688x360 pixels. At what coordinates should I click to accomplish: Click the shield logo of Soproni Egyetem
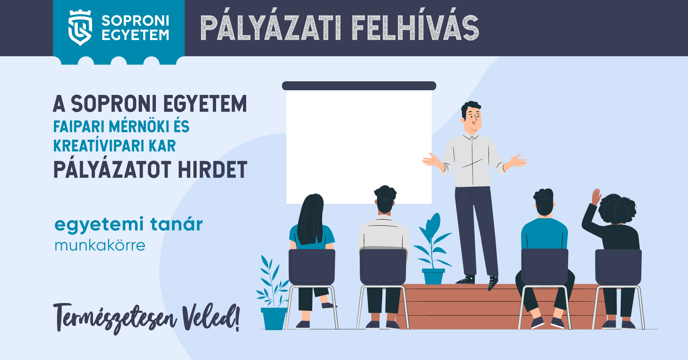pos(80,28)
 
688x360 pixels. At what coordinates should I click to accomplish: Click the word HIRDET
pos(212,170)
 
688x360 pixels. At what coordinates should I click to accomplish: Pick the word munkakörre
pos(100,246)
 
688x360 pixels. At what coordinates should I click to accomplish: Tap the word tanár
pos(176,224)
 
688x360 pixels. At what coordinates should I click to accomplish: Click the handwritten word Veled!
pos(211,318)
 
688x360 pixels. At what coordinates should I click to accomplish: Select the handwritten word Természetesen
pos(115,318)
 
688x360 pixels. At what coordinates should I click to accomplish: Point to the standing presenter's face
pos(473,117)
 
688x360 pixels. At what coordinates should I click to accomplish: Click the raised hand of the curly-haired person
pos(596,197)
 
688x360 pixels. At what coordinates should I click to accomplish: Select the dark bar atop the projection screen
pos(359,86)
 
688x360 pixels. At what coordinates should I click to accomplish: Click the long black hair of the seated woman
pos(310,219)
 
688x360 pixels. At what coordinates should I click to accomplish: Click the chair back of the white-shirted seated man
pos(383,267)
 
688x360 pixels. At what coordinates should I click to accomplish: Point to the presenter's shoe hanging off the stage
pos(493,283)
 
